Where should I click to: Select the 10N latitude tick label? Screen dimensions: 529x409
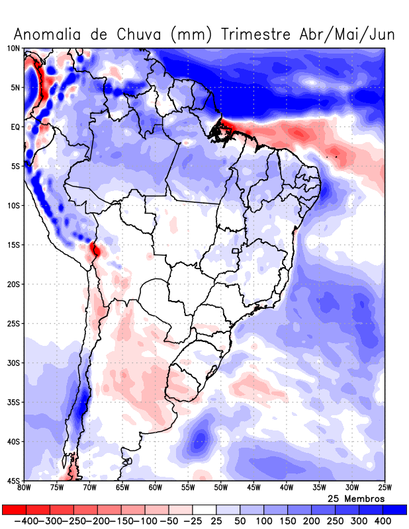[x=13, y=48]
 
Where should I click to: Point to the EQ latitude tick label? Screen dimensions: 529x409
[x=15, y=127]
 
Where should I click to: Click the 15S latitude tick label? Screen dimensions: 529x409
[x=13, y=245]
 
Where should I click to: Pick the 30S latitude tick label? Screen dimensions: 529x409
[x=13, y=363]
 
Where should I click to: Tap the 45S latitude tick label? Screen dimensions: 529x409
[x=13, y=481]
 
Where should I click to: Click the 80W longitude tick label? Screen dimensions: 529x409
[x=24, y=489]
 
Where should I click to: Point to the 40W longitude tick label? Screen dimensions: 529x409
[x=286, y=489]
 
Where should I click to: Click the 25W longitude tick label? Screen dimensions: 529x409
[x=384, y=489]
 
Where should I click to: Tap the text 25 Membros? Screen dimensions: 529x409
[x=356, y=499]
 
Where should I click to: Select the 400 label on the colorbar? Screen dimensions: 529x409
[x=383, y=521]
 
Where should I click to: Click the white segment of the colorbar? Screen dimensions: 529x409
[x=204, y=509]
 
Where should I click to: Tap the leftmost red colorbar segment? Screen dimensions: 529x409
[x=13, y=509]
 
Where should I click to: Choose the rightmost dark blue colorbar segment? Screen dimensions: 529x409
[x=395, y=509]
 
